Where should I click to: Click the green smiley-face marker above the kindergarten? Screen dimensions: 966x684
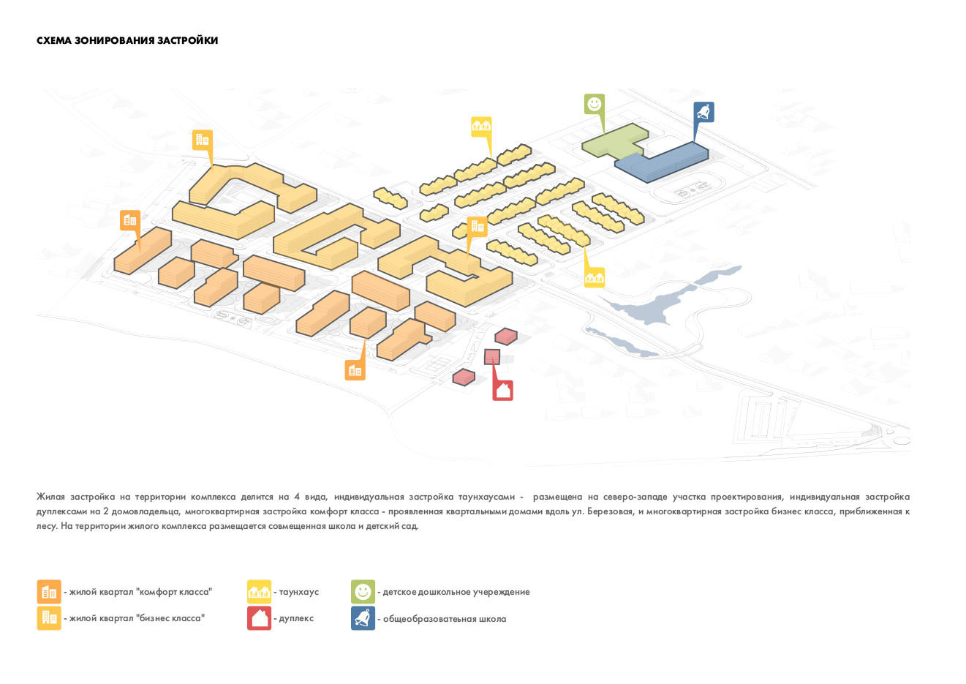tap(595, 105)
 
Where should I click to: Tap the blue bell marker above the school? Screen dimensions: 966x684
tap(703, 112)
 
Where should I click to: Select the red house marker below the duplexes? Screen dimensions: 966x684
tap(503, 390)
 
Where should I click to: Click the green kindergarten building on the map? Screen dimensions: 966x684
tap(614, 140)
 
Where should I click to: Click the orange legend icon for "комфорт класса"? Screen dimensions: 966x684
tap(49, 592)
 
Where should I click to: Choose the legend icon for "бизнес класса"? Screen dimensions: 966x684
tap(49, 618)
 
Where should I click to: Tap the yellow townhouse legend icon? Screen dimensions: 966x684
tap(259, 592)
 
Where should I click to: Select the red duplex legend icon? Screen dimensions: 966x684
tap(259, 618)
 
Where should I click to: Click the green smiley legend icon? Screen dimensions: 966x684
tap(363, 592)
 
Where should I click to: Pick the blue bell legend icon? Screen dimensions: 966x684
tap(363, 618)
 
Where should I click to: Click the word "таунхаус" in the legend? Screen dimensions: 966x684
tap(299, 592)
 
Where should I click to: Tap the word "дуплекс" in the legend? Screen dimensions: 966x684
tap(296, 618)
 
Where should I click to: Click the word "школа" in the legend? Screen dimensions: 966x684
tap(492, 619)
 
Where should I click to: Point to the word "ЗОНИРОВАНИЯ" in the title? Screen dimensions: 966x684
tap(115, 40)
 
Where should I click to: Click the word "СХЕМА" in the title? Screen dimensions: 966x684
tap(54, 40)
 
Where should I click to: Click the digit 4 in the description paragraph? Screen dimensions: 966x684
tap(297, 497)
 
